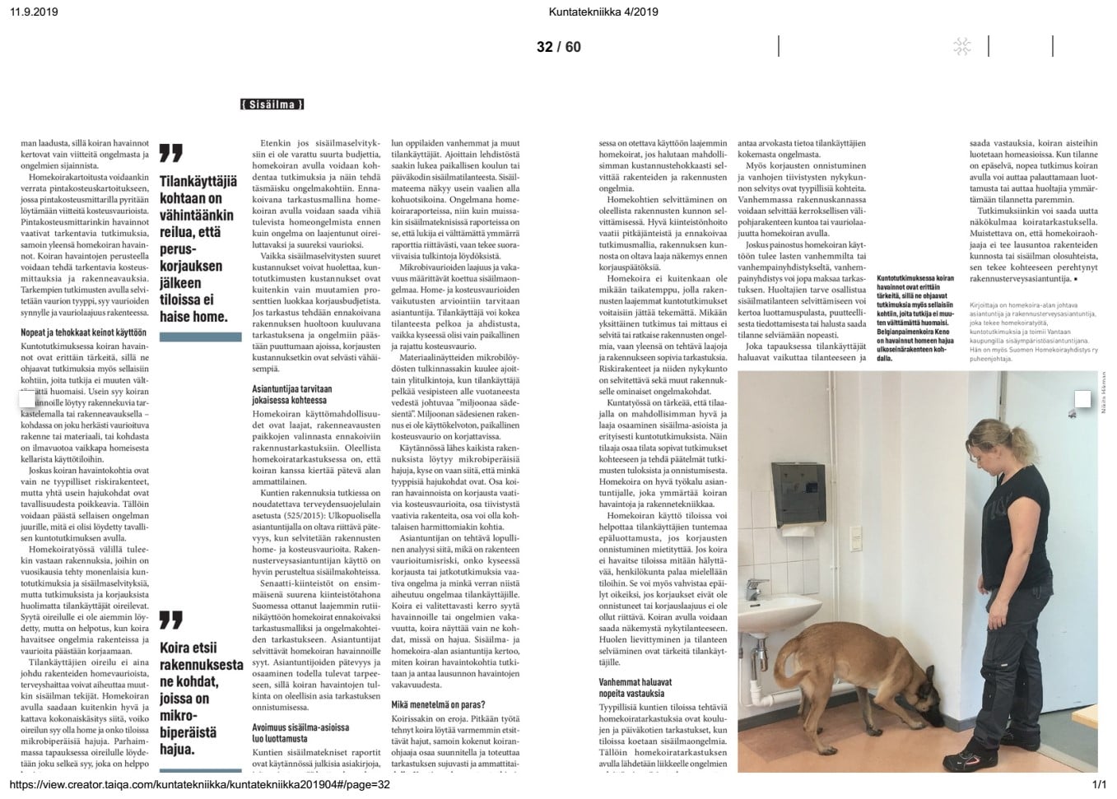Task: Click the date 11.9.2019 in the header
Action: [34, 12]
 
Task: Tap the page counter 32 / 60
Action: [558, 47]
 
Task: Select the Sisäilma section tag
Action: [272, 105]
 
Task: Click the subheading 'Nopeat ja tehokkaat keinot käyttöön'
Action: [83, 332]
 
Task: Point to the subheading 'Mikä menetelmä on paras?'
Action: [438, 704]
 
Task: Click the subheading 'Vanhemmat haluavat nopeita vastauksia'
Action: [635, 688]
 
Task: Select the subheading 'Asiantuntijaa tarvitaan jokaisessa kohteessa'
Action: [292, 394]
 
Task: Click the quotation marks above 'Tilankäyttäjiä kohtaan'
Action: [170, 153]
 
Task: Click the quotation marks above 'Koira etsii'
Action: [170, 620]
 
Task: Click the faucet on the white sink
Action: [752, 588]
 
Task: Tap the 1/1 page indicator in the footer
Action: [1099, 784]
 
